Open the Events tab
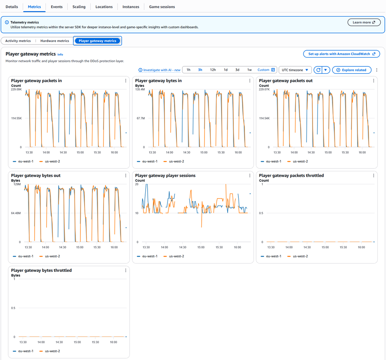pos(56,7)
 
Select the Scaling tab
pos(79,7)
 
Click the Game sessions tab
pos(162,7)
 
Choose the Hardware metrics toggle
pos(55,41)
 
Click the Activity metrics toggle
pos(18,41)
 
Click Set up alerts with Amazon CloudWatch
pos(341,54)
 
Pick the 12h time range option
pos(213,70)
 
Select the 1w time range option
pos(249,70)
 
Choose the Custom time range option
pos(266,70)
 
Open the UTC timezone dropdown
pos(295,70)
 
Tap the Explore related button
pos(351,70)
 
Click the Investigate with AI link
pos(160,70)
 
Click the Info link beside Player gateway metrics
pos(60,55)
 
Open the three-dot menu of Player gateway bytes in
pos(249,81)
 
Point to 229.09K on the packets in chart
pos(16,89)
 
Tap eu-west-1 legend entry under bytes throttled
pos(23,351)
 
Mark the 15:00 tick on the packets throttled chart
pos(325,247)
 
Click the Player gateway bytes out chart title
pos(36,175)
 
